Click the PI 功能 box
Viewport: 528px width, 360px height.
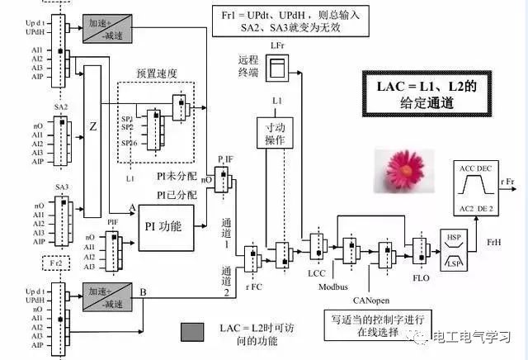tap(165, 224)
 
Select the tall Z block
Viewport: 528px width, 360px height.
tap(92, 128)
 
